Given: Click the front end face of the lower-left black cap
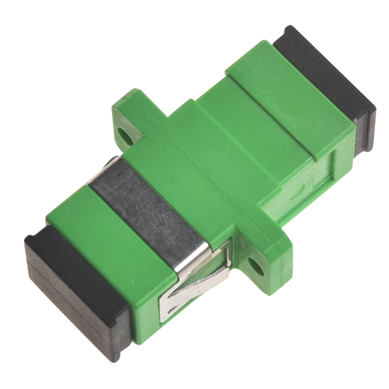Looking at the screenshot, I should (74, 311).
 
